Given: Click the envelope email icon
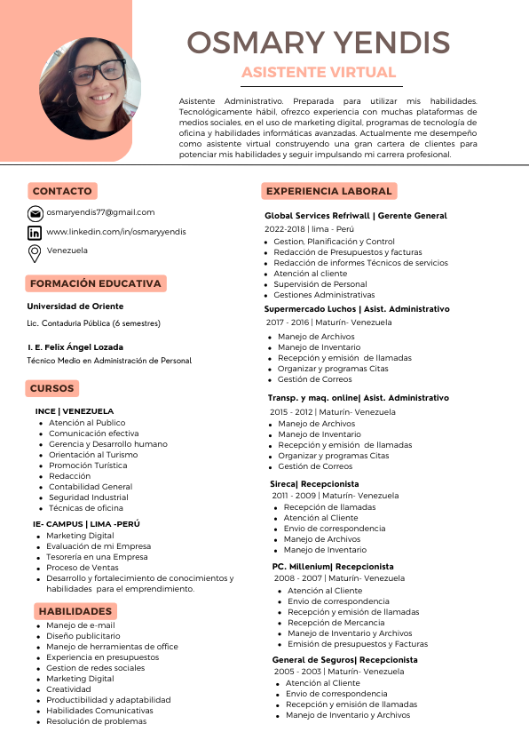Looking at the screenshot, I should (x=35, y=213).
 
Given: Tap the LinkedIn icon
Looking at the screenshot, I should (x=35, y=233).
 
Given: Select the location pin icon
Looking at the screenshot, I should (x=35, y=253).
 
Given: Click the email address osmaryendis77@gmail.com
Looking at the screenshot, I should (x=100, y=212).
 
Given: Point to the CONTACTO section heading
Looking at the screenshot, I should (x=62, y=191).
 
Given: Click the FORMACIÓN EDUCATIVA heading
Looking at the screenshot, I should (x=96, y=284).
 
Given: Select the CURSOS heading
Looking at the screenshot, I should (x=52, y=388).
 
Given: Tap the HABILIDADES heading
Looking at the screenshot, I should (x=75, y=611).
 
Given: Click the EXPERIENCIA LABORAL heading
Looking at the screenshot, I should (x=328, y=191).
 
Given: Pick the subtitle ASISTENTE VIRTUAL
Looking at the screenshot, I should (x=319, y=72).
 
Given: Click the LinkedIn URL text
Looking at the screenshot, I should (x=116, y=232).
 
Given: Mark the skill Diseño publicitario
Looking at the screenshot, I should (x=83, y=636).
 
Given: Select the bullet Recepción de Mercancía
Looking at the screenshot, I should (x=336, y=623).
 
